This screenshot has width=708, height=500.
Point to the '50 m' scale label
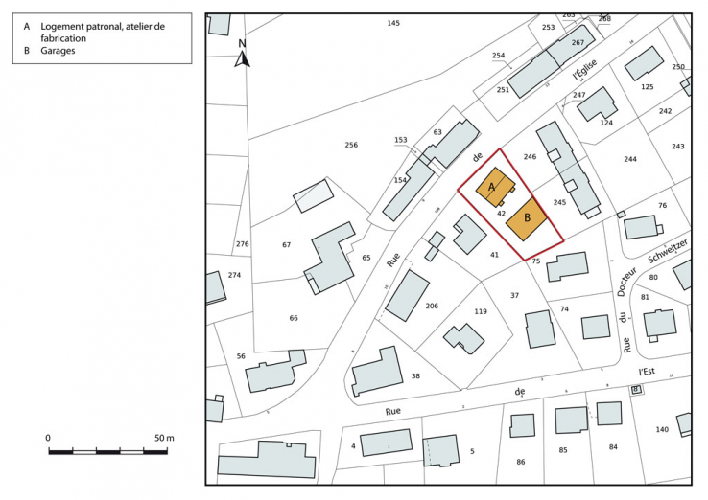pos(164,438)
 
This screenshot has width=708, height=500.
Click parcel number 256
pos(351,145)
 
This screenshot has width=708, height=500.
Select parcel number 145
pos(393,22)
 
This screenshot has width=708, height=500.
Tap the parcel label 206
pos(432,306)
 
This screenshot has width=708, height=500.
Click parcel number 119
pos(481,311)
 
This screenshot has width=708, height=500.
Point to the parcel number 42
pos(501,213)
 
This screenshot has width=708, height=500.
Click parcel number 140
pos(662,429)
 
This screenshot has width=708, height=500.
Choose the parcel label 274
pos(235,275)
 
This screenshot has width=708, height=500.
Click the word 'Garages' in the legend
pos(59,51)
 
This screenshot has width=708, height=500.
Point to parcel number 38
pos(414,376)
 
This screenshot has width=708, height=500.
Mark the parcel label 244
pos(630,159)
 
